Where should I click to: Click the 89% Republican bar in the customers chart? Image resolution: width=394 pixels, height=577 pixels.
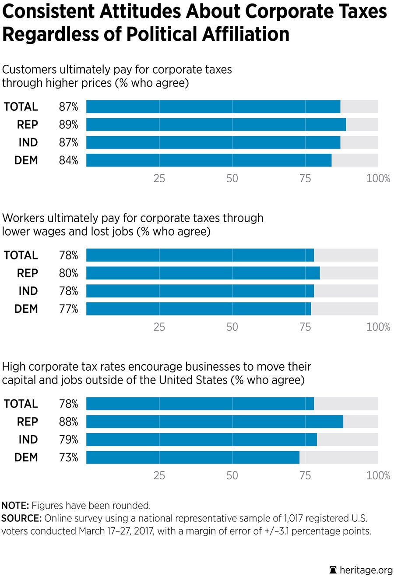click(x=216, y=124)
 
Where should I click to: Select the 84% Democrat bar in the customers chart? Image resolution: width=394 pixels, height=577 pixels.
click(x=209, y=160)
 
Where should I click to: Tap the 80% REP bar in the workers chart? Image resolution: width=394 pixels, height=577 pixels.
click(x=203, y=273)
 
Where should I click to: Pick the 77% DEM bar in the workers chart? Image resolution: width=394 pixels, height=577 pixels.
click(x=198, y=309)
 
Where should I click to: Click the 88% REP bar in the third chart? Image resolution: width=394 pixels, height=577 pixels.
click(x=215, y=421)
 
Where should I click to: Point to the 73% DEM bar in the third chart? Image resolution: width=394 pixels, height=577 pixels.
click(x=193, y=457)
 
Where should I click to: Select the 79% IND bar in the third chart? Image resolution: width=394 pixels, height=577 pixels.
click(x=201, y=439)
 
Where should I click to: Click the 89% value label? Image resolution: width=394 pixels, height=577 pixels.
click(x=69, y=125)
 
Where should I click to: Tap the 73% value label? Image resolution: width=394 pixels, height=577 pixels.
click(x=69, y=458)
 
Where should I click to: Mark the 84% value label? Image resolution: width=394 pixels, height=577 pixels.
click(x=69, y=161)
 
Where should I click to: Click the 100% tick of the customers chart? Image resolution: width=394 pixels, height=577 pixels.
click(x=378, y=179)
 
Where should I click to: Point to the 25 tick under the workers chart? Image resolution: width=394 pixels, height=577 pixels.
click(x=159, y=327)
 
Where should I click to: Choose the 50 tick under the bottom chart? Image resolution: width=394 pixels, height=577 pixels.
click(x=232, y=476)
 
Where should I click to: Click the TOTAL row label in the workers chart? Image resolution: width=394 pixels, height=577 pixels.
click(x=21, y=255)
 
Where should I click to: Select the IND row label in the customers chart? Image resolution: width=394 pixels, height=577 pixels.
click(x=28, y=143)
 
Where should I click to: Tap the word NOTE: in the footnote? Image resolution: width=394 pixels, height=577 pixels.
click(x=15, y=506)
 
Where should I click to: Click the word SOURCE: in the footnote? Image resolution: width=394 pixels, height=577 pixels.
click(x=21, y=519)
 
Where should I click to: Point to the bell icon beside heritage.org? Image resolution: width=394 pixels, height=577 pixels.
click(x=334, y=570)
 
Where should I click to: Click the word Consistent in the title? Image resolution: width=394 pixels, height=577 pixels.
click(x=49, y=12)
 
